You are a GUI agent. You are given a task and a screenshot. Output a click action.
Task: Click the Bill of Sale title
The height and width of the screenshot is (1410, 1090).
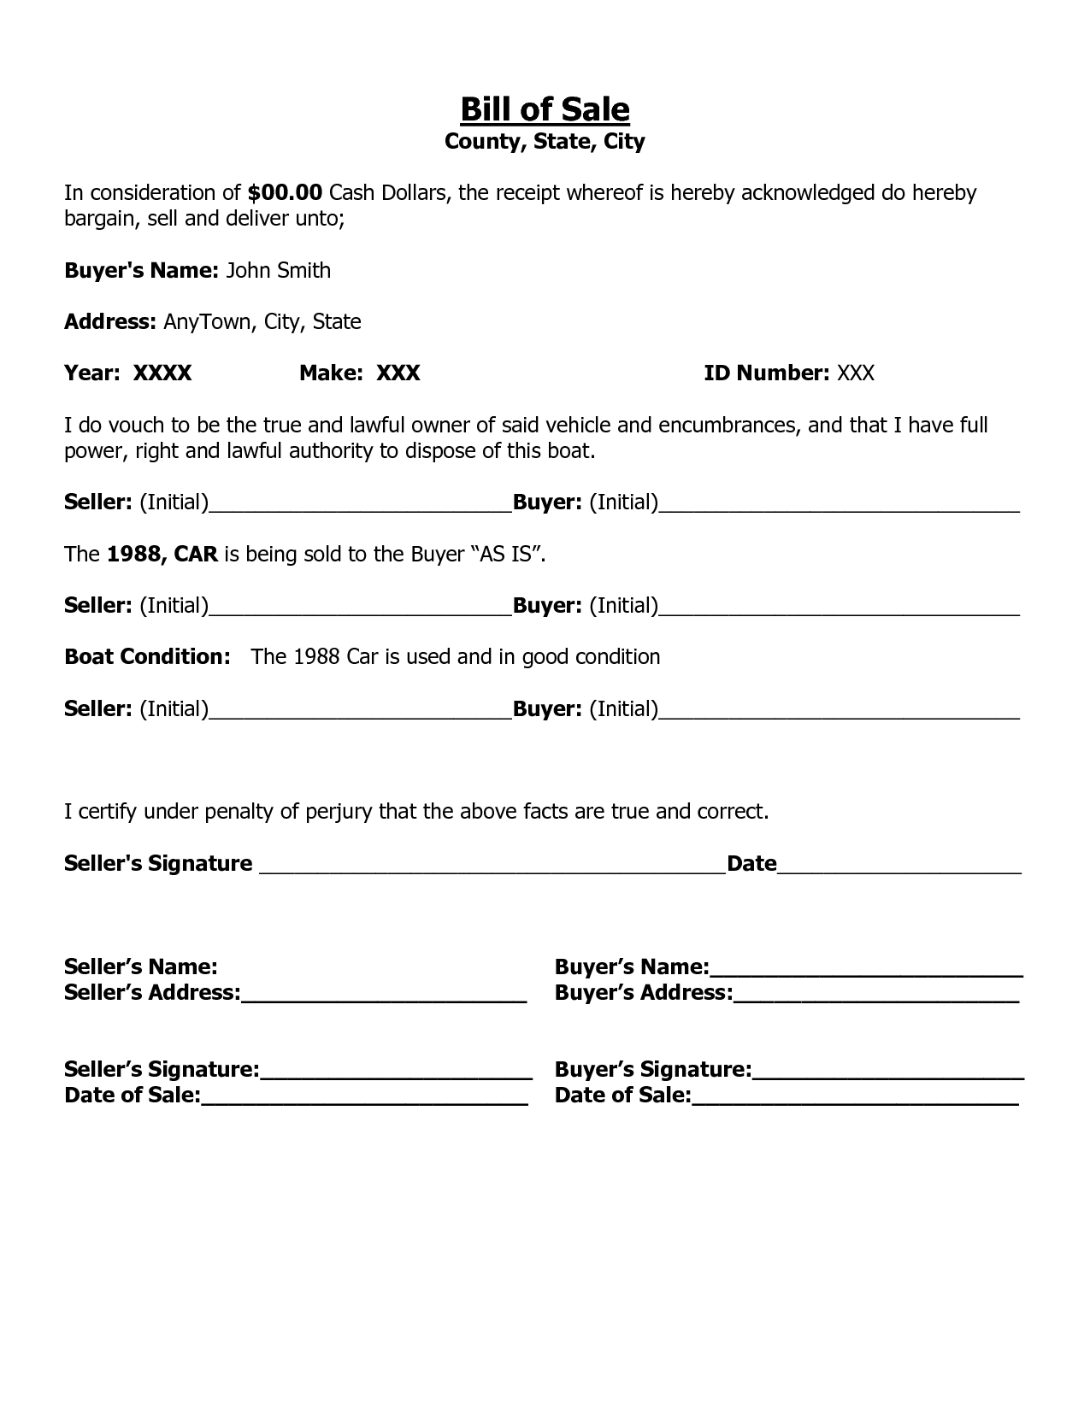coord(545,109)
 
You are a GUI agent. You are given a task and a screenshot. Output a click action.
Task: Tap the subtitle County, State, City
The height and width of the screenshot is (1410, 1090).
coord(545,141)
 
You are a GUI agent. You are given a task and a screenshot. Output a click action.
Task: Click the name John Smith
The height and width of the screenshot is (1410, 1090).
coord(278,271)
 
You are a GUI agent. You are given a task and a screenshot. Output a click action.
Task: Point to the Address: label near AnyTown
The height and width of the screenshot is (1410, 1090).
coord(110,322)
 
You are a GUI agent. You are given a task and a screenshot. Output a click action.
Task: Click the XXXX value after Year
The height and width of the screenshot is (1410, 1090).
coord(162,373)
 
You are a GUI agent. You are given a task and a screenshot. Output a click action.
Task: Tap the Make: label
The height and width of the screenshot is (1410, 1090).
coord(333,373)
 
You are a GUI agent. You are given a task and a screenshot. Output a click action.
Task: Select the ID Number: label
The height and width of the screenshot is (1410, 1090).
coord(766,373)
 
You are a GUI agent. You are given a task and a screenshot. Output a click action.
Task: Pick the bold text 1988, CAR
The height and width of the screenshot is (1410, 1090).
coord(162,555)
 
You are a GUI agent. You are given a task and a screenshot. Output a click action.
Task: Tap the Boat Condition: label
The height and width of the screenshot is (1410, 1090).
coord(147,657)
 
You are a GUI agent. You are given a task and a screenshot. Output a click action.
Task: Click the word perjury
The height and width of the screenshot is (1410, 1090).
coord(339,812)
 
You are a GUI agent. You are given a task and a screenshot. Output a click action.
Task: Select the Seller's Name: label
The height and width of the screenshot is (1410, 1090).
coord(140,967)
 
